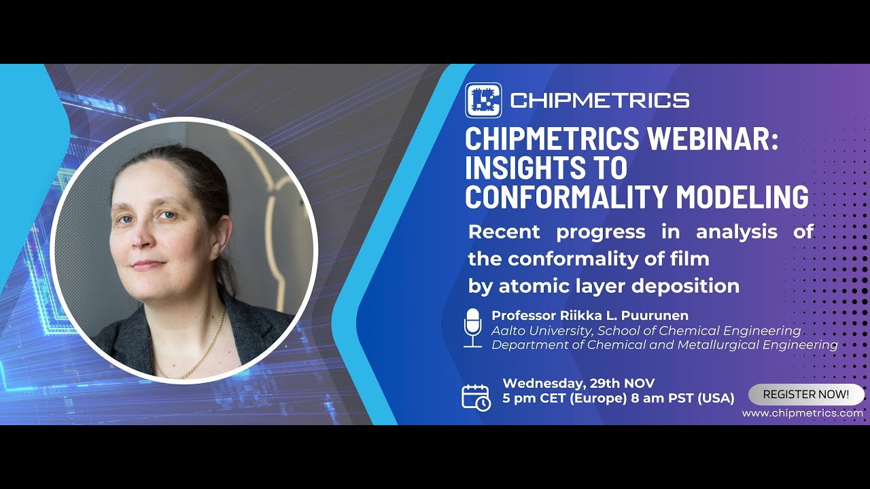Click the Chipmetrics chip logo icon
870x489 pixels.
[x=483, y=101]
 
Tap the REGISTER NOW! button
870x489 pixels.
[x=806, y=394]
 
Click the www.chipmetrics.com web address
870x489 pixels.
[x=802, y=413]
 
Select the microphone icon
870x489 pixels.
[x=472, y=327]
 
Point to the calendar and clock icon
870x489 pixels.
[x=476, y=397]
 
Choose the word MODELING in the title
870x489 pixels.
[x=742, y=196]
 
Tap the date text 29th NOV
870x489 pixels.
[x=623, y=383]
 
